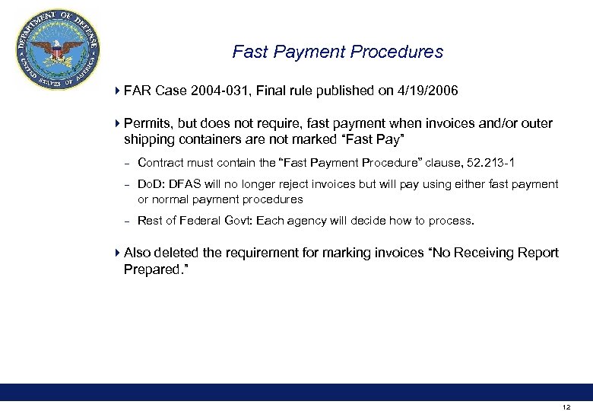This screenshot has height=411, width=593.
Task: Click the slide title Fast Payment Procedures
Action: tap(338, 53)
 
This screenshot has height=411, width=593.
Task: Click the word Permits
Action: tap(147, 123)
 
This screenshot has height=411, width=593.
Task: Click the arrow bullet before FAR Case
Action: tap(116, 91)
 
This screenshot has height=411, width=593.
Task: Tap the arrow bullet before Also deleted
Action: tap(116, 253)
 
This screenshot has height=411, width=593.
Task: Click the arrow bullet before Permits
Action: tap(116, 123)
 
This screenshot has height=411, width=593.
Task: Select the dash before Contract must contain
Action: tap(126, 163)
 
